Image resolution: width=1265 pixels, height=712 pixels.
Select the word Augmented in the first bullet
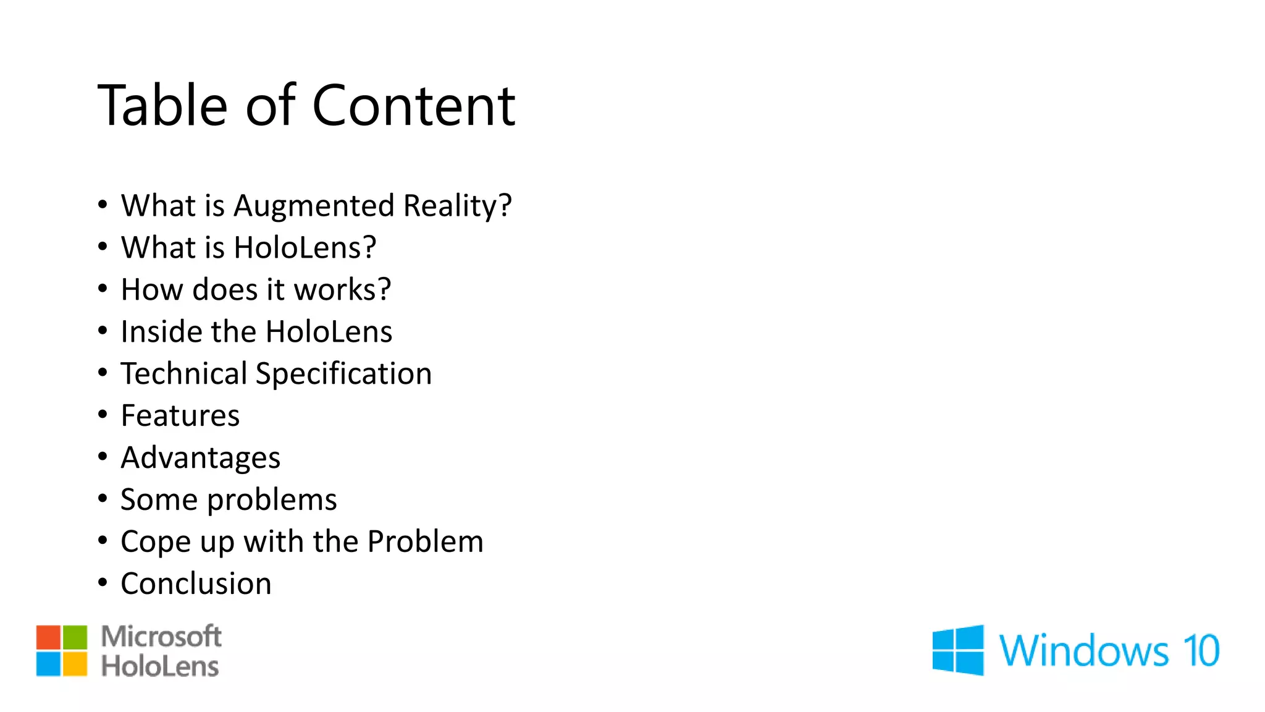[x=313, y=206]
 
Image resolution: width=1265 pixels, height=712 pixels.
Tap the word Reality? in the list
[x=457, y=206]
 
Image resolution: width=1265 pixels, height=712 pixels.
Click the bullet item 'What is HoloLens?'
[x=248, y=248]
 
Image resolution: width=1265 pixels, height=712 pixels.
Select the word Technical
[x=183, y=374]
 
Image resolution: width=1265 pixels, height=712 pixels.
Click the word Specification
[x=343, y=374]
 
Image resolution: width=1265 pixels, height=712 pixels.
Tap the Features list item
[x=180, y=416]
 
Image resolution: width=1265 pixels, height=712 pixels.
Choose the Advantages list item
[x=200, y=458]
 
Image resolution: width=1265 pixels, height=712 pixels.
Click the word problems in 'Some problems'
[x=272, y=500]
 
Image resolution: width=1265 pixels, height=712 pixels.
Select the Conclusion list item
[x=196, y=584]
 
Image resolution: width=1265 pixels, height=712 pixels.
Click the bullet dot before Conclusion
[x=103, y=582]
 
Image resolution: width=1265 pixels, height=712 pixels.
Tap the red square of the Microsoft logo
[x=48, y=637]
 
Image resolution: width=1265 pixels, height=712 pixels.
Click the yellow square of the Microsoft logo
[x=75, y=664]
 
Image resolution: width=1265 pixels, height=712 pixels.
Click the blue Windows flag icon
[x=958, y=650]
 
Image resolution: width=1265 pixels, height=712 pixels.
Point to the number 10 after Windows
[x=1201, y=651]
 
